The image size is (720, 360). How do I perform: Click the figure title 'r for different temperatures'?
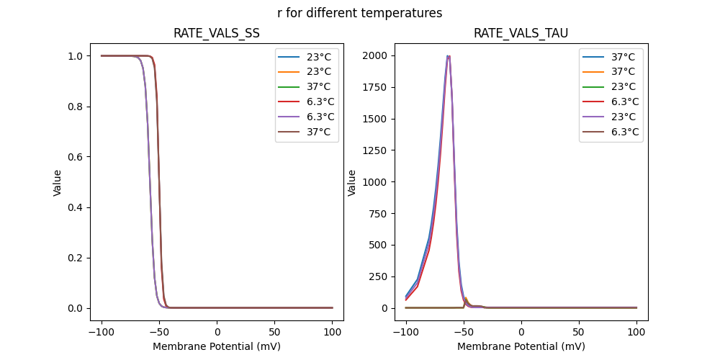(x=359, y=13)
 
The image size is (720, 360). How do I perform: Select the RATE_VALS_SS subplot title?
(x=217, y=33)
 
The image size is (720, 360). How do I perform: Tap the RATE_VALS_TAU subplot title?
(x=521, y=33)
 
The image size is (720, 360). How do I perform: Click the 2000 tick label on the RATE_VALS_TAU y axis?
(x=376, y=56)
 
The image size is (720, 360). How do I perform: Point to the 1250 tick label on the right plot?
(x=376, y=182)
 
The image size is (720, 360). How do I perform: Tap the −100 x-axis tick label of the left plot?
(x=102, y=332)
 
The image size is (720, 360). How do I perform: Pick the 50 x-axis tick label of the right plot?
(x=579, y=332)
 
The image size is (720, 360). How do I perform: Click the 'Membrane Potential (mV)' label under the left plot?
(x=217, y=346)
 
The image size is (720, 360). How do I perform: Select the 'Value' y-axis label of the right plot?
(x=352, y=183)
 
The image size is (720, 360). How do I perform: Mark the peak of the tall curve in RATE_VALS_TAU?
(x=448, y=56)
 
